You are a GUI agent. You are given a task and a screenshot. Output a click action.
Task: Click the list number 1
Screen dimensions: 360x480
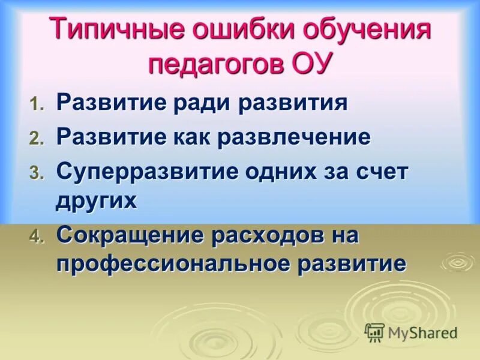(37, 105)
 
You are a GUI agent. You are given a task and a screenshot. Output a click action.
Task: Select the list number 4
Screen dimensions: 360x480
(37, 238)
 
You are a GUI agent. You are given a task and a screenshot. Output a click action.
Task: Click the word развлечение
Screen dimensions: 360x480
(294, 137)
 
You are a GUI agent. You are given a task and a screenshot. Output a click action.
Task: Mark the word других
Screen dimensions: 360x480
(96, 201)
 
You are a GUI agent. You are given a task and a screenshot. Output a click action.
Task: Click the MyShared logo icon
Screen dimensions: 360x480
(375, 332)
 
